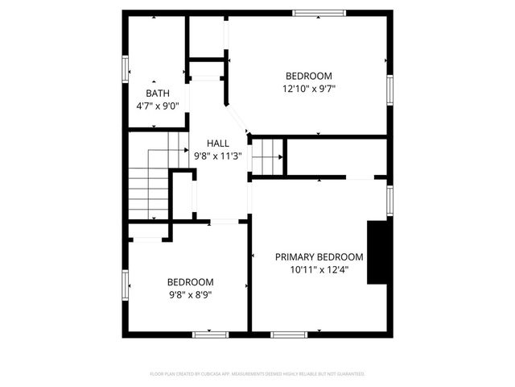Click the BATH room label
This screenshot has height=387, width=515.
pyautogui.click(x=158, y=94)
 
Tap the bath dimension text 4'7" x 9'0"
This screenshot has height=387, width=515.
pyautogui.click(x=158, y=105)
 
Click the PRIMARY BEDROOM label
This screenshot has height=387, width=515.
pyautogui.click(x=319, y=257)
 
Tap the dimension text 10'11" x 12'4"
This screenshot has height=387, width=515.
pyautogui.click(x=319, y=269)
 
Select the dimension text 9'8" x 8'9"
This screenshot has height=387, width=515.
pyautogui.click(x=190, y=294)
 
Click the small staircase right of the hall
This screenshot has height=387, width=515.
pyautogui.click(x=268, y=156)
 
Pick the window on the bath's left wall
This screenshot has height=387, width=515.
pyautogui.click(x=126, y=68)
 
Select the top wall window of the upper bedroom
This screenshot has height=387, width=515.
pyautogui.click(x=319, y=13)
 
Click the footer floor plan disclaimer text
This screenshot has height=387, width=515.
pyautogui.click(x=257, y=374)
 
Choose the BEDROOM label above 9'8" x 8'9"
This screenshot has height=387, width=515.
pyautogui.click(x=190, y=282)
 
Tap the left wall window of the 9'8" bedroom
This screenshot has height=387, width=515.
pyautogui.click(x=126, y=284)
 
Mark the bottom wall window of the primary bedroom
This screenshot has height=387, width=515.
pyautogui.click(x=290, y=334)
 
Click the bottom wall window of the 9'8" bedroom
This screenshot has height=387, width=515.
pyautogui.click(x=211, y=334)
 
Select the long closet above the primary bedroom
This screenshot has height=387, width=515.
pyautogui.click(x=338, y=158)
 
